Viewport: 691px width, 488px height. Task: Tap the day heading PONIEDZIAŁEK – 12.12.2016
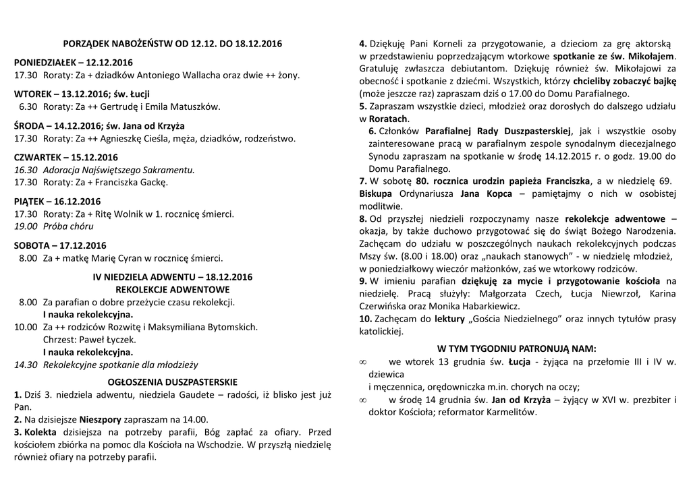[x=74, y=63]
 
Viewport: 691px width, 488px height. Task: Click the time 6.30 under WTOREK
[x=28, y=106]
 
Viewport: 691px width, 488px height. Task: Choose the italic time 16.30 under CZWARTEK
[x=26, y=170]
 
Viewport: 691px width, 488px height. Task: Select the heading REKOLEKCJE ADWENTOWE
[x=173, y=289]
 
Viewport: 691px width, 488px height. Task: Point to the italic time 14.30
[x=26, y=365]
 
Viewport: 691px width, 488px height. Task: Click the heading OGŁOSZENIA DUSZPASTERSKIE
[x=173, y=380]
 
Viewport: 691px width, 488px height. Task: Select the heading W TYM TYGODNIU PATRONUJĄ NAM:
[x=517, y=349]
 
